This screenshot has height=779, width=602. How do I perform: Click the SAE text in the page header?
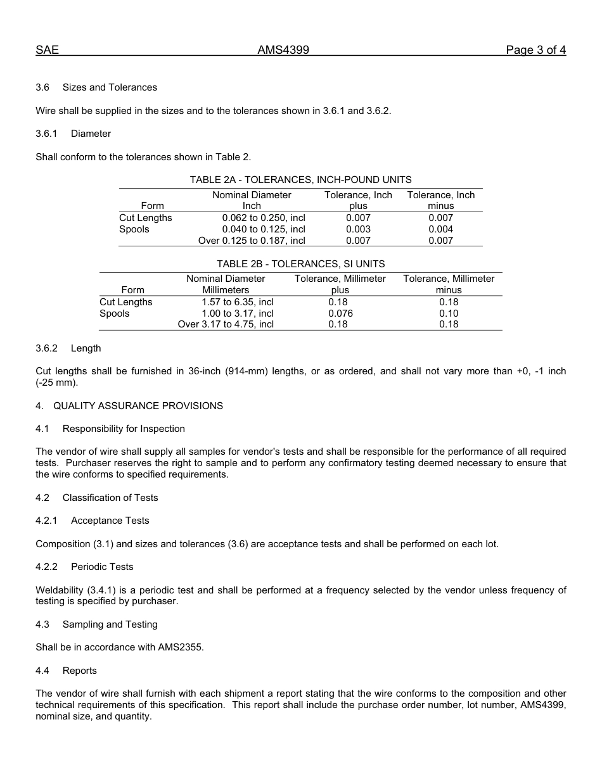tap(47, 51)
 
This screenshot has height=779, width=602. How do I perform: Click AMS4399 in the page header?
tap(283, 51)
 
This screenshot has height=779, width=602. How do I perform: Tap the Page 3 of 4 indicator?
tap(535, 51)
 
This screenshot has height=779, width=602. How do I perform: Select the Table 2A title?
tap(300, 180)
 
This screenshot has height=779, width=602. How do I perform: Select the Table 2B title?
tap(300, 264)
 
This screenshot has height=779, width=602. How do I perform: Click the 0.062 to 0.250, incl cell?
tap(264, 218)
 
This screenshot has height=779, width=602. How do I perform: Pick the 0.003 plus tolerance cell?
tap(358, 229)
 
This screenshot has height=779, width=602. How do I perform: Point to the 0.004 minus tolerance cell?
tap(440, 229)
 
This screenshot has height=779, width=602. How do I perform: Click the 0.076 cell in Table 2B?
tap(340, 313)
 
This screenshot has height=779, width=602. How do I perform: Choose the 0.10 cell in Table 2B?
tap(449, 313)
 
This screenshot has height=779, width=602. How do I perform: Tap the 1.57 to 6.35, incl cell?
tap(238, 302)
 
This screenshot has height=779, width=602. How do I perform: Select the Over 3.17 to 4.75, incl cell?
tap(226, 324)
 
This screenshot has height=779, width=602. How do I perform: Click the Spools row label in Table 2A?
tap(134, 229)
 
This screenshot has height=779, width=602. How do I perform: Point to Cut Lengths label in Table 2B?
tap(126, 302)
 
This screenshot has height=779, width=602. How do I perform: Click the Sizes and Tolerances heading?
tap(110, 87)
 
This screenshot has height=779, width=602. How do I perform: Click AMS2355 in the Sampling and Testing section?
tap(179, 647)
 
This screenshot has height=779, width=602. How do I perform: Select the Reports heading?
tap(80, 671)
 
